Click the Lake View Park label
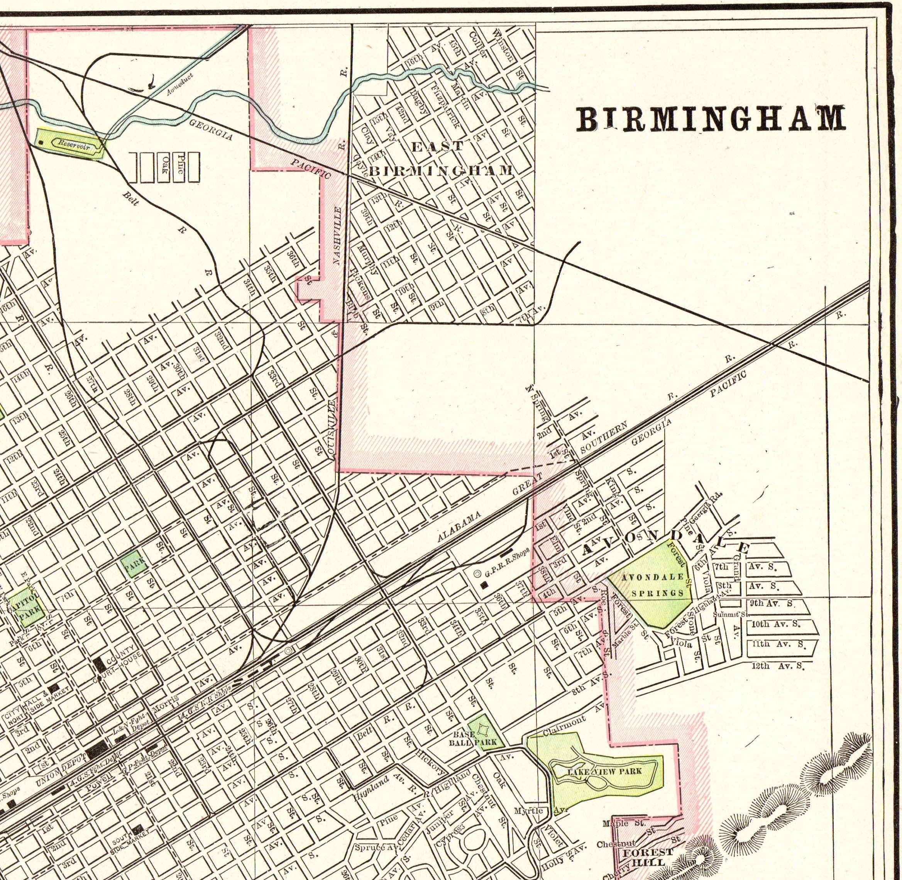pos(604,771)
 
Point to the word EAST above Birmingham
pos(437,148)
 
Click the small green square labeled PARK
pos(134,564)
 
